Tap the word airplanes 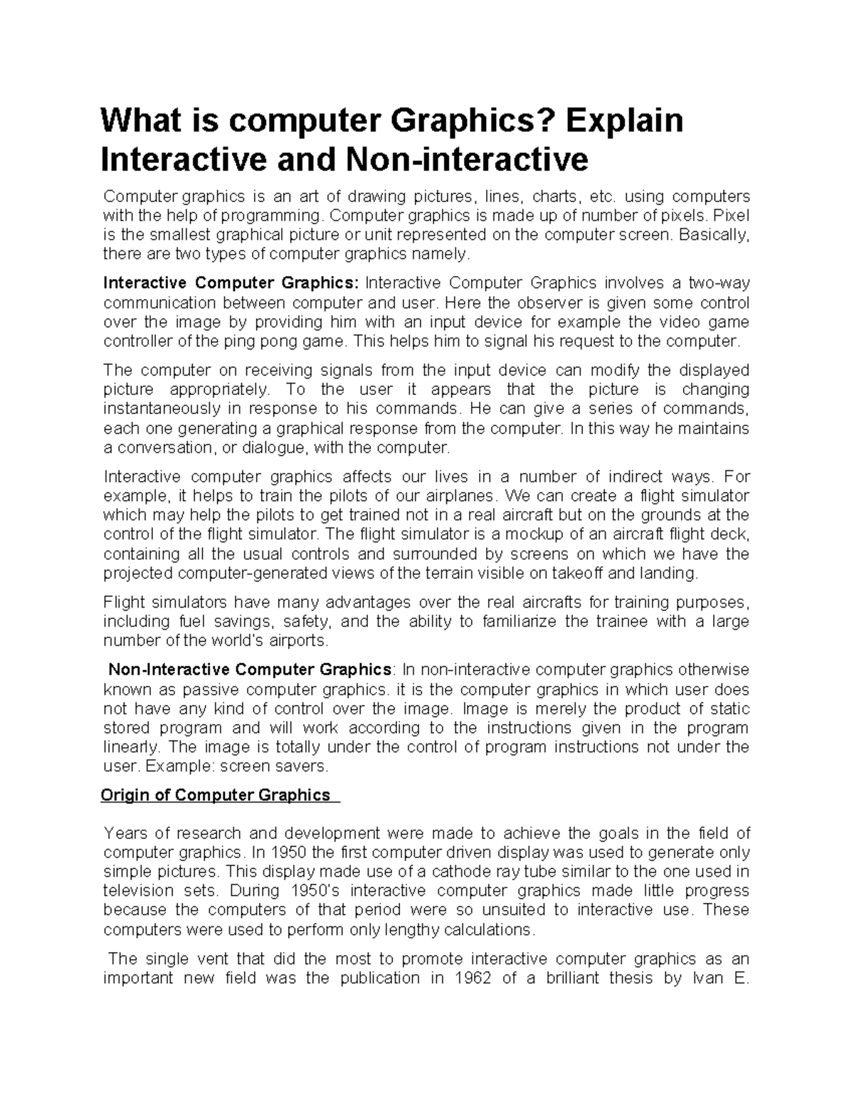coord(453,495)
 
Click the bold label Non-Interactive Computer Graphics coord(249,670)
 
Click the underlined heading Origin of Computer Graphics coord(216,795)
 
